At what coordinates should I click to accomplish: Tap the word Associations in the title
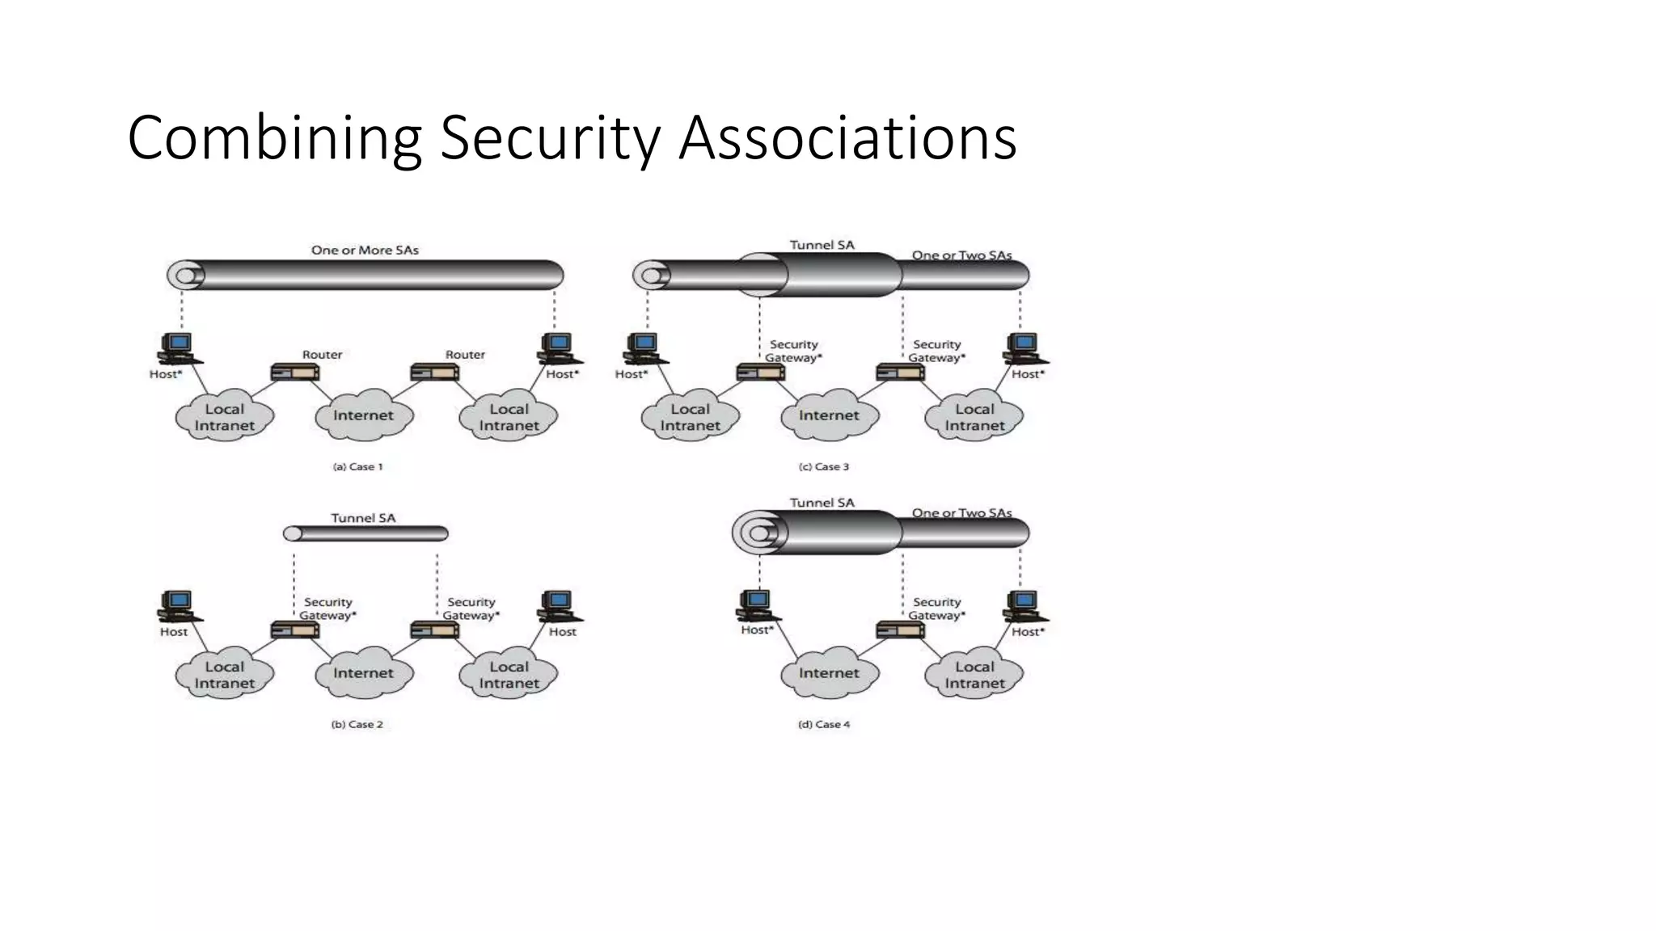(847, 139)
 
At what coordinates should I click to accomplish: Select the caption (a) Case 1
(357, 466)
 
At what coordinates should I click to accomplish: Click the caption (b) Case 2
(357, 724)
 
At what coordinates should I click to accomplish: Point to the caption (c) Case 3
(824, 466)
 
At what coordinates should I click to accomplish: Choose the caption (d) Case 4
(824, 724)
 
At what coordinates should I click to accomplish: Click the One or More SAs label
(365, 251)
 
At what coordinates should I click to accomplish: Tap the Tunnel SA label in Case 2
(363, 518)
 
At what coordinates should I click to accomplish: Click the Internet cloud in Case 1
(364, 415)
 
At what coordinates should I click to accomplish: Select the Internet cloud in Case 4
(829, 672)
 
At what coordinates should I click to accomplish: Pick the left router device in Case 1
(294, 373)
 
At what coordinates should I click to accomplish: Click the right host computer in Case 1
(558, 348)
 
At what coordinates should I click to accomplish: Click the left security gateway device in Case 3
(760, 373)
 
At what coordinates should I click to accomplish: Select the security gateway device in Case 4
(900, 630)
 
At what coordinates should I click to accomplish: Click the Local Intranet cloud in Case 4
(974, 675)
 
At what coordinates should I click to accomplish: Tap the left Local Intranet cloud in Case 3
(690, 417)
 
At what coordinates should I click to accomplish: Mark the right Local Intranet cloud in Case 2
(509, 675)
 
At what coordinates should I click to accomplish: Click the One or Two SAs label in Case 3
(961, 255)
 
